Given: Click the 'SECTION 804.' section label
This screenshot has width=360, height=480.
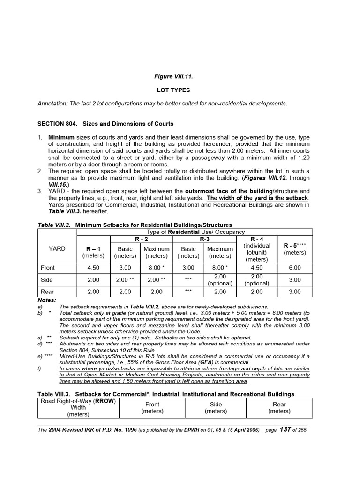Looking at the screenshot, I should [x=59, y=124].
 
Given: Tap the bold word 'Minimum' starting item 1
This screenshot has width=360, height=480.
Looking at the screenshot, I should [x=61, y=137].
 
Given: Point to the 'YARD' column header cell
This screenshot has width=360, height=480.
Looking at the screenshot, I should [x=57, y=249].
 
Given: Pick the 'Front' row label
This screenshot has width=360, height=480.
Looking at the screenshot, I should [x=48, y=268].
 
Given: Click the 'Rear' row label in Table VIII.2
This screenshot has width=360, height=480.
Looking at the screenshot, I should [x=48, y=292].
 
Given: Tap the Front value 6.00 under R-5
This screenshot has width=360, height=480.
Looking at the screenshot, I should [x=295, y=268].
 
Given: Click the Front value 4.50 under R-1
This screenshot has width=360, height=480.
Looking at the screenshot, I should [x=93, y=268].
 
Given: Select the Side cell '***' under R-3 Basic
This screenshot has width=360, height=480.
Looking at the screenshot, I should [x=188, y=280].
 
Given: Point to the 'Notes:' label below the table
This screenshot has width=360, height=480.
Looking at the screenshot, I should [x=47, y=300].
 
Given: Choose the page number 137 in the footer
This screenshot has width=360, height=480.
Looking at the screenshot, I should [x=285, y=429].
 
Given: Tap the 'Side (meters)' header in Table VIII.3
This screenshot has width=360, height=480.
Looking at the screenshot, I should [x=216, y=407].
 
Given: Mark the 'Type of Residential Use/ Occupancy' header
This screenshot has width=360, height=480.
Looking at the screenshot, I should [x=195, y=232].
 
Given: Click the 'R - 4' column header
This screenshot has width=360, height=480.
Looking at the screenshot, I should [x=257, y=239].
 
